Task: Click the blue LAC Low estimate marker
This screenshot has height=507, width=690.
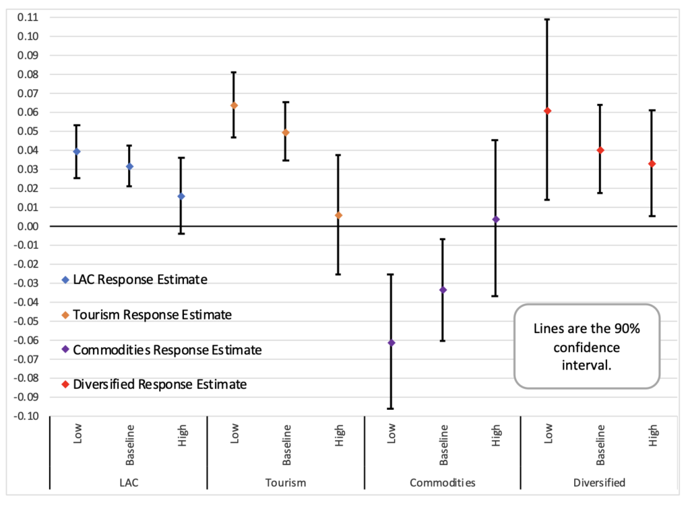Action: point(77,152)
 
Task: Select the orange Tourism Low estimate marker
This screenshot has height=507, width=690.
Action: point(234,105)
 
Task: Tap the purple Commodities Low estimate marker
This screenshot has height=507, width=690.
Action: point(391,342)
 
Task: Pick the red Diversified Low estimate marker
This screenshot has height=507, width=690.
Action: point(547,111)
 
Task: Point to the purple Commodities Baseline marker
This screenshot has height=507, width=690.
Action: point(443,290)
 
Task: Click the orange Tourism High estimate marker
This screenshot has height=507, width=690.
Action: point(338,215)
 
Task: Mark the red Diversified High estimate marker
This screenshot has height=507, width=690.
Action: point(652,164)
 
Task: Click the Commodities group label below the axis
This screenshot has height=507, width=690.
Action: point(443,483)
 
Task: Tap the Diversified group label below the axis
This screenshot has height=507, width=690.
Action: point(600,483)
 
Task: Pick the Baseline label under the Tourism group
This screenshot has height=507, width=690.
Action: point(286,445)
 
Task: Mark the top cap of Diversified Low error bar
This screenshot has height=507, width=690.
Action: point(547,19)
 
